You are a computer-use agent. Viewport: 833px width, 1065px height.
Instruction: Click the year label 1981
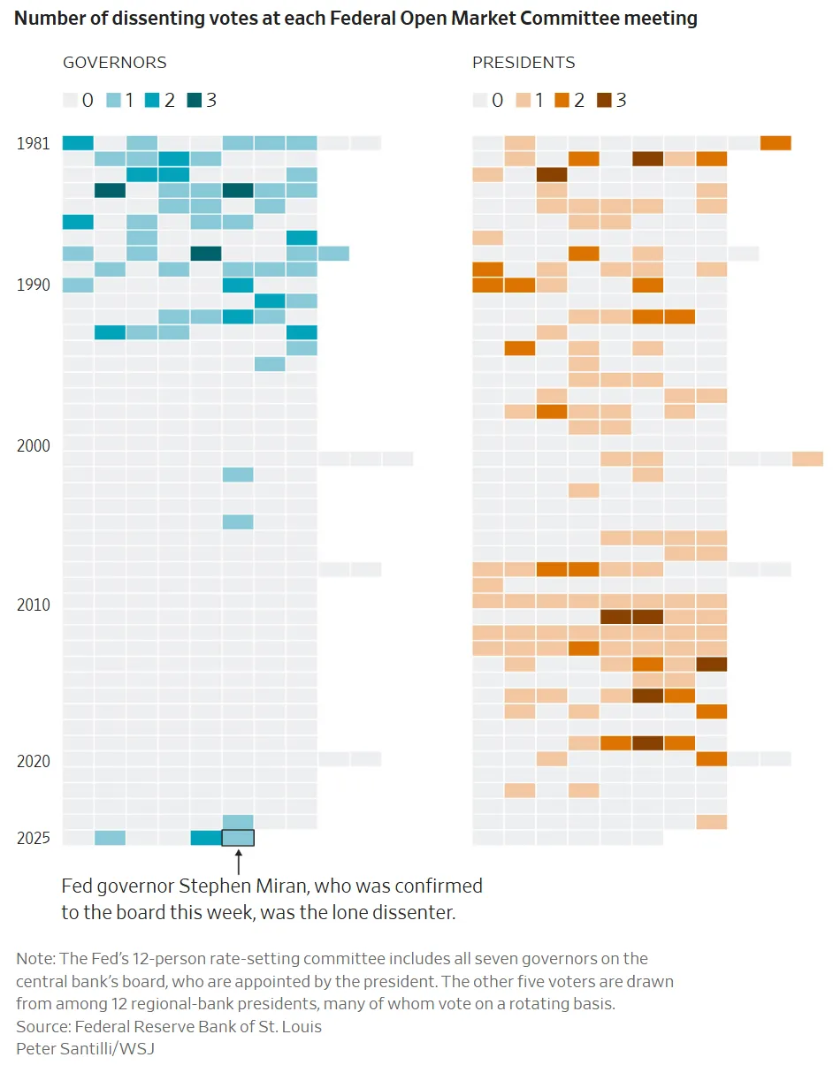[33, 143]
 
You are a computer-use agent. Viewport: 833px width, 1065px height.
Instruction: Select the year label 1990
[33, 285]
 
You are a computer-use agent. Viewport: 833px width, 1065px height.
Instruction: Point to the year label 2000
[33, 446]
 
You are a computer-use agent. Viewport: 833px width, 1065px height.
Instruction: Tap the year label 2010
[33, 605]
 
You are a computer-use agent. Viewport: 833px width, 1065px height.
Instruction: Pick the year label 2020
[33, 761]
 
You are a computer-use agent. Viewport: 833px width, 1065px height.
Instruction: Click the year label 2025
[33, 838]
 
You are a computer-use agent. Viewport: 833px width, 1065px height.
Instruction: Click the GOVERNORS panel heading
[114, 63]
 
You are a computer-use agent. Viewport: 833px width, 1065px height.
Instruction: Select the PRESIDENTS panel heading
[523, 63]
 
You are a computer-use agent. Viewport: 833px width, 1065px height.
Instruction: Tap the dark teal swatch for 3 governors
[195, 100]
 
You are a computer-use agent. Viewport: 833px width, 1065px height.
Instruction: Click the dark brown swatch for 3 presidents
[604, 100]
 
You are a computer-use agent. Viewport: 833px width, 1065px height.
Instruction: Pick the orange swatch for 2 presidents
[562, 100]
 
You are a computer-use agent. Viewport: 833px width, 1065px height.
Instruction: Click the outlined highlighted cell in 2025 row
[238, 838]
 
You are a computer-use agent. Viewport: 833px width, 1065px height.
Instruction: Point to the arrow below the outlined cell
[238, 859]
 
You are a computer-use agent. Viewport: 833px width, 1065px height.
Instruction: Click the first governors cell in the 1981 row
[78, 143]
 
